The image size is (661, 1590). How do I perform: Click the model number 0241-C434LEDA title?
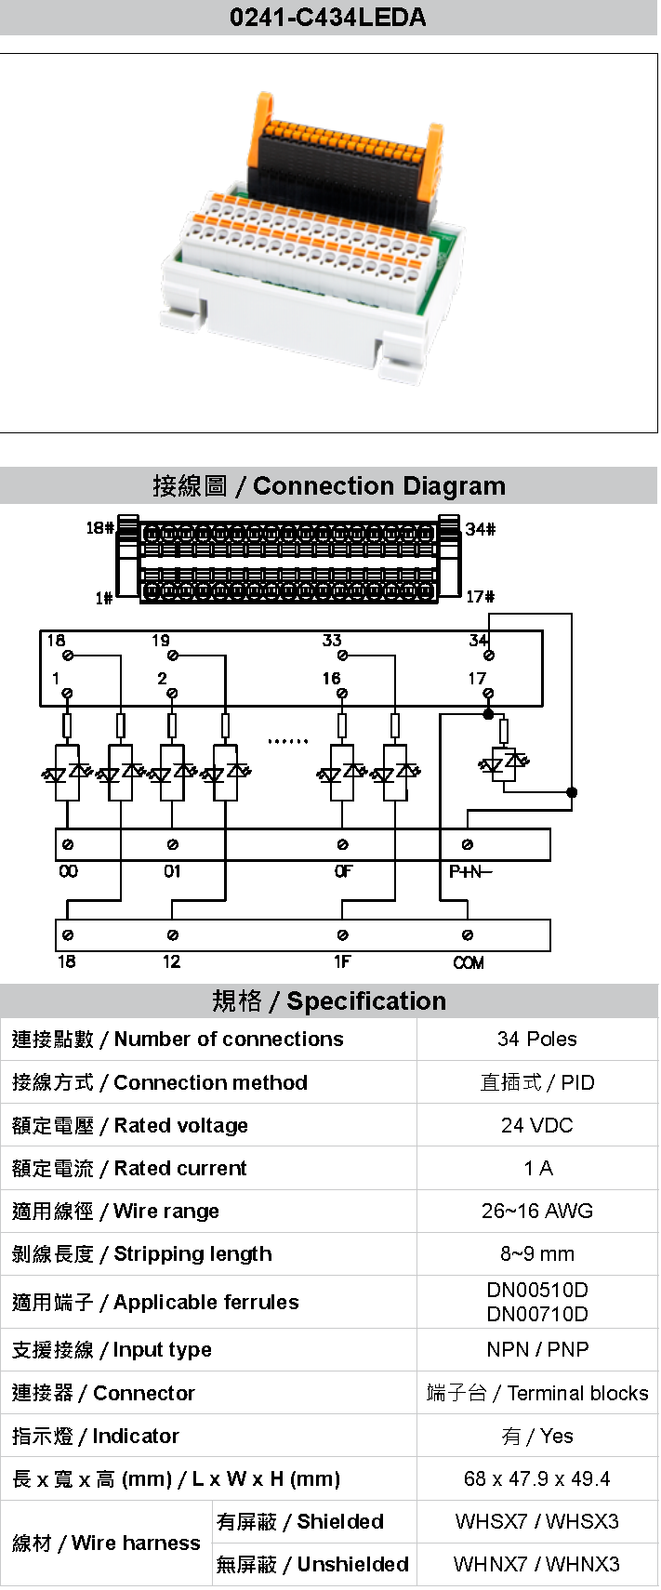327,18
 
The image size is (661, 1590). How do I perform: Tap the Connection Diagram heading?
329,486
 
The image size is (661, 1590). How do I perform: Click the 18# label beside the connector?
99,528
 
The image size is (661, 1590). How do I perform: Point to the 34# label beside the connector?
481,529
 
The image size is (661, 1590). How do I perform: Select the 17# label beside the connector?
480,597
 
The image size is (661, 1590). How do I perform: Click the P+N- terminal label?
470,871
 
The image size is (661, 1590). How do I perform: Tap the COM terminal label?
469,962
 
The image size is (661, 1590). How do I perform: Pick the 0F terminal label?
343,871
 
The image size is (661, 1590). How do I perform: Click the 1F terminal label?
342,961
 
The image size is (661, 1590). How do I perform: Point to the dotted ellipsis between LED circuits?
287,742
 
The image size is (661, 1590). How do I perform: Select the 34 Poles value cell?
536,1040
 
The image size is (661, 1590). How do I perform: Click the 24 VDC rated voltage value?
536,1125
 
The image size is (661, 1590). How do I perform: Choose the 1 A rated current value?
537,1168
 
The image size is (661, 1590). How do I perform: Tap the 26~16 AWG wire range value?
536,1211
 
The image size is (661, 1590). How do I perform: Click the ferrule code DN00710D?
536,1314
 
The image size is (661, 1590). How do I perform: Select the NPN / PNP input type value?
536,1349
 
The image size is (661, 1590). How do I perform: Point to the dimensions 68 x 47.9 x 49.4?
536,1478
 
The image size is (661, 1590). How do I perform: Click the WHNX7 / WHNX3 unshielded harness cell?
536,1564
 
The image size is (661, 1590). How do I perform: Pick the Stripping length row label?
142,1253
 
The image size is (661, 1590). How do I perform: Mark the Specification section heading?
329,1000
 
